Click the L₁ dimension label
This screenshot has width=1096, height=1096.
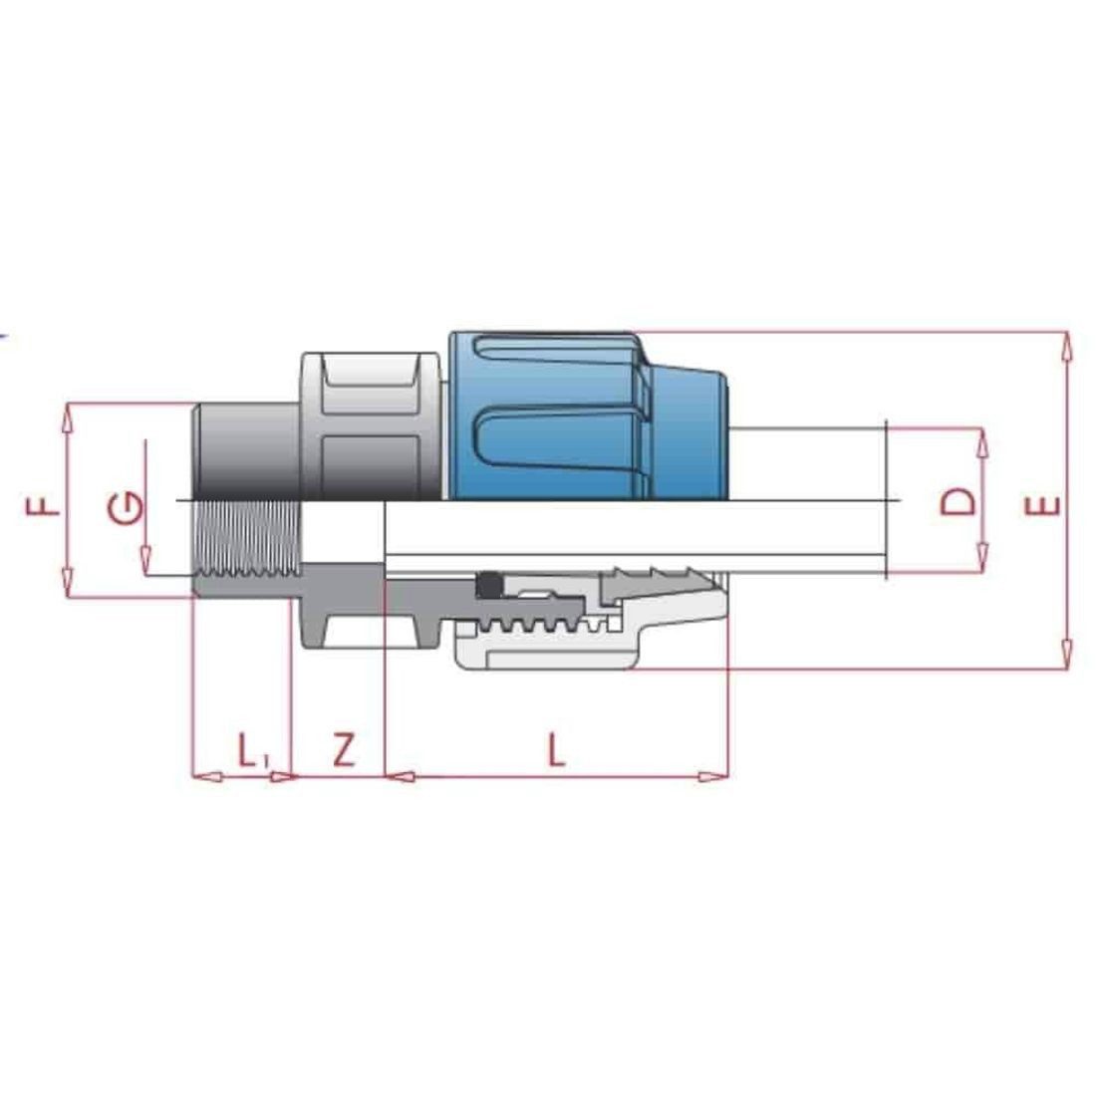pos(251,750)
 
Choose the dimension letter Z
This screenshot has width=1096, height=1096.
pos(342,749)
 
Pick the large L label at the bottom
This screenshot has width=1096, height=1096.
pos(556,749)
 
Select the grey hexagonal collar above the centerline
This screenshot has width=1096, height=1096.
pos(371,423)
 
